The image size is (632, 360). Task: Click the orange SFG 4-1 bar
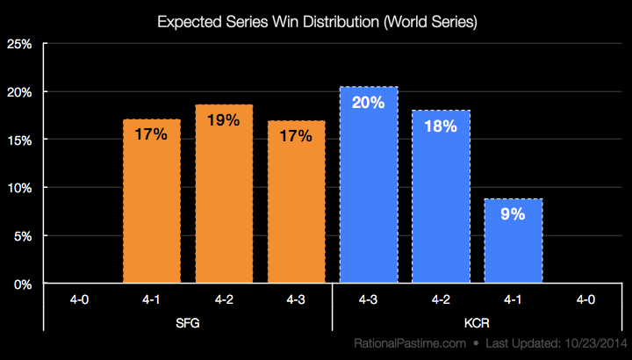[x=152, y=202]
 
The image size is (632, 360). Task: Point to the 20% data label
[x=368, y=102]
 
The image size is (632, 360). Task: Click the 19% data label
[x=224, y=120]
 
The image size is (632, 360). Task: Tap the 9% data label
[x=513, y=214]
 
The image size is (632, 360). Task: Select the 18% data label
[x=441, y=126]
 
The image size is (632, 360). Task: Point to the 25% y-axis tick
[x=20, y=45]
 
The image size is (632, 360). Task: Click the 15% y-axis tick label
[x=20, y=140]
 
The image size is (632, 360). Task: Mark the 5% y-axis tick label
[x=23, y=236]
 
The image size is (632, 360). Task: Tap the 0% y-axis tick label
[x=23, y=284]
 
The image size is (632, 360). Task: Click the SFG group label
[x=188, y=322]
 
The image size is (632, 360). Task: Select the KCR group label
[x=477, y=322]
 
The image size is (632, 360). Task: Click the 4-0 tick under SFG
[x=80, y=299]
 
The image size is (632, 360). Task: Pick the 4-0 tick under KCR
[x=585, y=299]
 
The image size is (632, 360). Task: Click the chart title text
[x=316, y=22]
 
